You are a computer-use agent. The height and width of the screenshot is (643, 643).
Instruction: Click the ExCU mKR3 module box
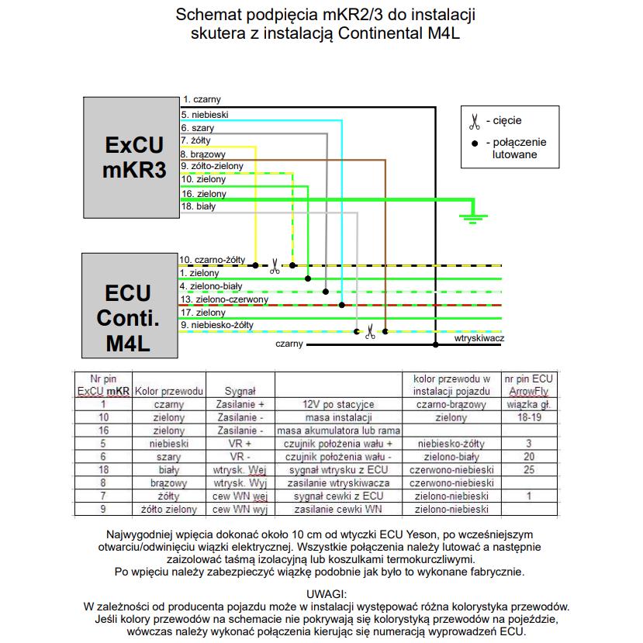131,157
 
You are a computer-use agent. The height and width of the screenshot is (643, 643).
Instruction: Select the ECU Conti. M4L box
130,306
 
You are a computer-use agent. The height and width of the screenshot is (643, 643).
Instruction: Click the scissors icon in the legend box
475,121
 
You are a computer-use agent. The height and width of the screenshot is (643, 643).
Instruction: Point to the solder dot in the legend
475,143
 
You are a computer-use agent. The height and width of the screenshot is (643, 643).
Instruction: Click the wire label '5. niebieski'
205,115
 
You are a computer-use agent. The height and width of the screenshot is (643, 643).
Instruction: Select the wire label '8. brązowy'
203,154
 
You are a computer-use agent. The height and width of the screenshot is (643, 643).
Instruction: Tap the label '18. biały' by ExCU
199,206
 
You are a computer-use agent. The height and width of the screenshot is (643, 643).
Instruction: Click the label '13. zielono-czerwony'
224,299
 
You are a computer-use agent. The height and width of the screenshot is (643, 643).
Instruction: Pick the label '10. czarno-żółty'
212,260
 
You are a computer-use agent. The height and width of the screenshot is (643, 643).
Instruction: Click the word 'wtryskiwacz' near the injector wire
479,338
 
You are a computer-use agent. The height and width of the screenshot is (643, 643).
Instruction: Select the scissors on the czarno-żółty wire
275,266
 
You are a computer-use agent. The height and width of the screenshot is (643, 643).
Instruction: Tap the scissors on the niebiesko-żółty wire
370,332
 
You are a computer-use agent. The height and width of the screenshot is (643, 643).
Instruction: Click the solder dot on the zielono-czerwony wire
341,305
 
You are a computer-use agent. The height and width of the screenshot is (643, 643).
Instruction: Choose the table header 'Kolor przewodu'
169,391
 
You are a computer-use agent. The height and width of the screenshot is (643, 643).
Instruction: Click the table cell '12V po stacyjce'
338,404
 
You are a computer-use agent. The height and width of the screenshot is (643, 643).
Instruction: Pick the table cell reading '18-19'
529,417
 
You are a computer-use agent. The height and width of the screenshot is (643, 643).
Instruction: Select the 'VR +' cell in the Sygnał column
240,444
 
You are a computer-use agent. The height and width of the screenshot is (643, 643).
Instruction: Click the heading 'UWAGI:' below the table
327,594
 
